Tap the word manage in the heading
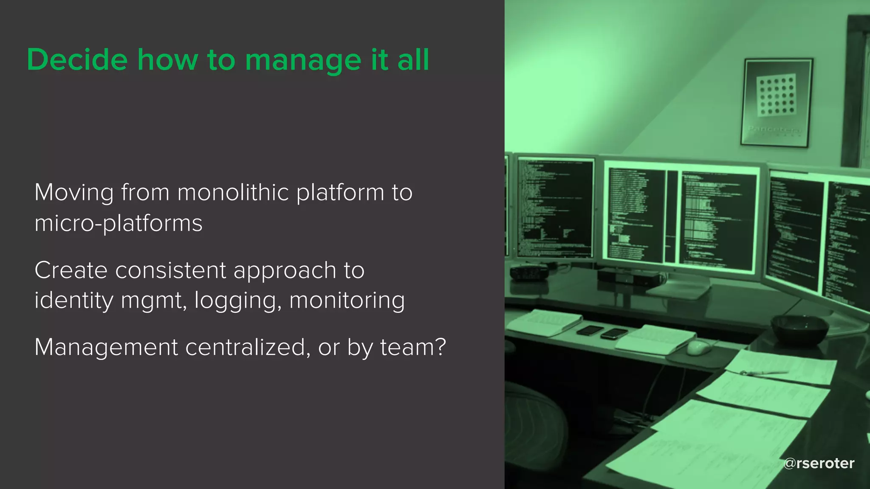(303, 60)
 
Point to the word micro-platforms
(119, 223)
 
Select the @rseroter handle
(819, 463)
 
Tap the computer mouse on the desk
(699, 347)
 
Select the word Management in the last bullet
(106, 347)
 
